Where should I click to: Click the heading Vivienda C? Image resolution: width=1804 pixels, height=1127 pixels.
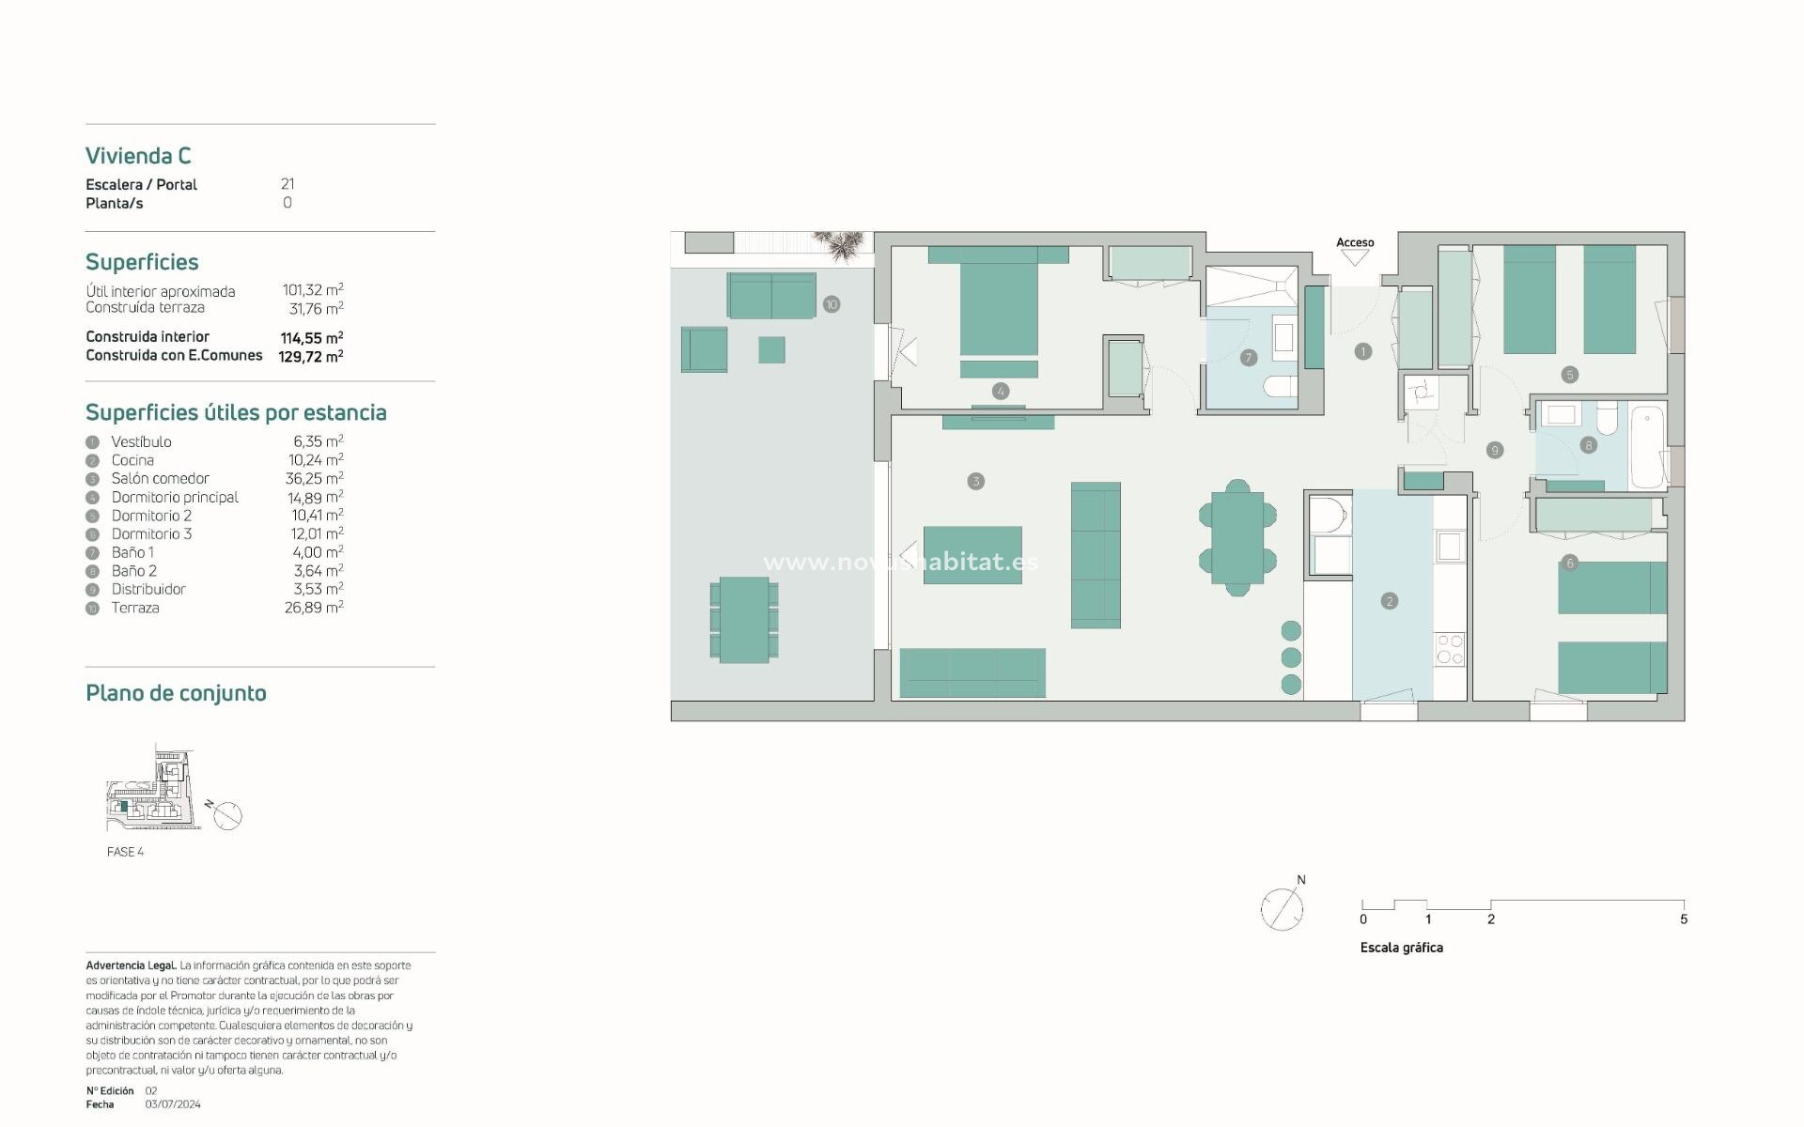pos(138,156)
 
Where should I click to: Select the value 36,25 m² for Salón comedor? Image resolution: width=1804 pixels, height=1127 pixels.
pos(314,478)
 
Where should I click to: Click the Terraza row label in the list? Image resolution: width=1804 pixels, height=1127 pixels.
pos(135,608)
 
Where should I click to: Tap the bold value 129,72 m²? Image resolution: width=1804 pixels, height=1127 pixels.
pos(310,356)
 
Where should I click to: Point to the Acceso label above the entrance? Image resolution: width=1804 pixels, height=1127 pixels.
pos(1355,242)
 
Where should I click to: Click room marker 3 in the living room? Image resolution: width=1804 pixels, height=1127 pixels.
pos(975,481)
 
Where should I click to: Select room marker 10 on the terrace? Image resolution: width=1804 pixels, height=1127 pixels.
pos(831,304)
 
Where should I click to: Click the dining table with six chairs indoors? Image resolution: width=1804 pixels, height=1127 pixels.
pos(1237,538)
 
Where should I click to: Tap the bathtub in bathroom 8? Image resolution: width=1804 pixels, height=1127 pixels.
pos(1646,445)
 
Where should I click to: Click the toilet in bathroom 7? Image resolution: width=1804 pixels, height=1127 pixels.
pos(1280,386)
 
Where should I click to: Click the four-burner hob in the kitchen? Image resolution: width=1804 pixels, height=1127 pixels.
pos(1450,650)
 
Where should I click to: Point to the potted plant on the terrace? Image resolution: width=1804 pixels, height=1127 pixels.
pos(839,245)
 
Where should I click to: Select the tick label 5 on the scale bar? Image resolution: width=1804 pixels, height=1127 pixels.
pos(1683,919)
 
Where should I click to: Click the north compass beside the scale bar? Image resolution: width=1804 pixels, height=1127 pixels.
pos(1282,908)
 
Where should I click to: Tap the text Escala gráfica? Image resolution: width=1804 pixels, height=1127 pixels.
pos(1401,948)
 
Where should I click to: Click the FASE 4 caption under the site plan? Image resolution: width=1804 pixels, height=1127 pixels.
pos(125,852)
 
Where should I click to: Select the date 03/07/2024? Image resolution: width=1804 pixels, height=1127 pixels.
pos(173,1104)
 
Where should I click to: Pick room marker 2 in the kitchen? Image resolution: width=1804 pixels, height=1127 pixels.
pos(1389,601)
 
